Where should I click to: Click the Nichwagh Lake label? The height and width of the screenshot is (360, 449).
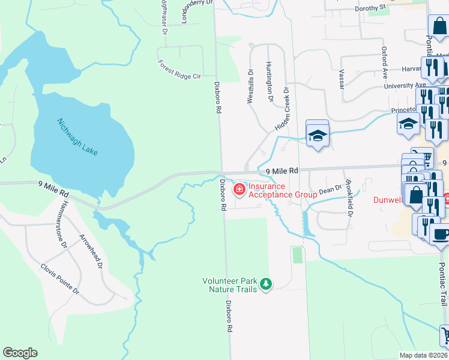77,138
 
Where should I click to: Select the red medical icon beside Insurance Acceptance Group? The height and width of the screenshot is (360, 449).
239,190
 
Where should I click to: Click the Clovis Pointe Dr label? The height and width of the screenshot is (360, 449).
59,278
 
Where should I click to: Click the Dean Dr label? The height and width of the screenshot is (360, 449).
330,190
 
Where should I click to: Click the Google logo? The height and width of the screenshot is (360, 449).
20,353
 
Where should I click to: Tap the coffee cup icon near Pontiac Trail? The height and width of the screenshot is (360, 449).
440,235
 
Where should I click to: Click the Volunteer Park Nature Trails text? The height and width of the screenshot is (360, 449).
230,285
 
